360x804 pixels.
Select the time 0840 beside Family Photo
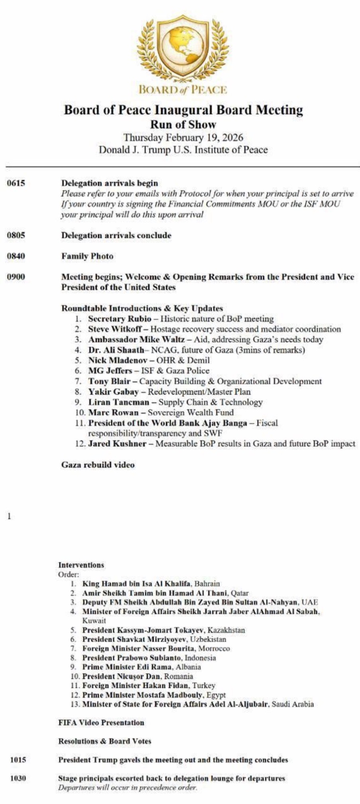pyautogui.click(x=16, y=256)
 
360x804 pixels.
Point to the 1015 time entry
pyautogui.click(x=18, y=760)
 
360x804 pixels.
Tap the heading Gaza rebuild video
pyautogui.click(x=98, y=465)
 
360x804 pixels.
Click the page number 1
pyautogui.click(x=9, y=517)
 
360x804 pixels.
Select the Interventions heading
pyautogui.click(x=81, y=565)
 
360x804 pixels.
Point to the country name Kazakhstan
pyautogui.click(x=226, y=630)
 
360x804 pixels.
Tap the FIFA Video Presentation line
pyautogui.click(x=101, y=722)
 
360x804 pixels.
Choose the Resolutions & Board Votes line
pyautogui.click(x=104, y=741)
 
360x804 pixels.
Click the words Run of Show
pyautogui.click(x=183, y=124)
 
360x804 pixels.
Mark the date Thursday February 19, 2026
pyautogui.click(x=183, y=137)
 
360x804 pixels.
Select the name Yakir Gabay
pyautogui.click(x=113, y=392)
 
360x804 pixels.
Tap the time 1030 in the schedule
pyautogui.click(x=18, y=778)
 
